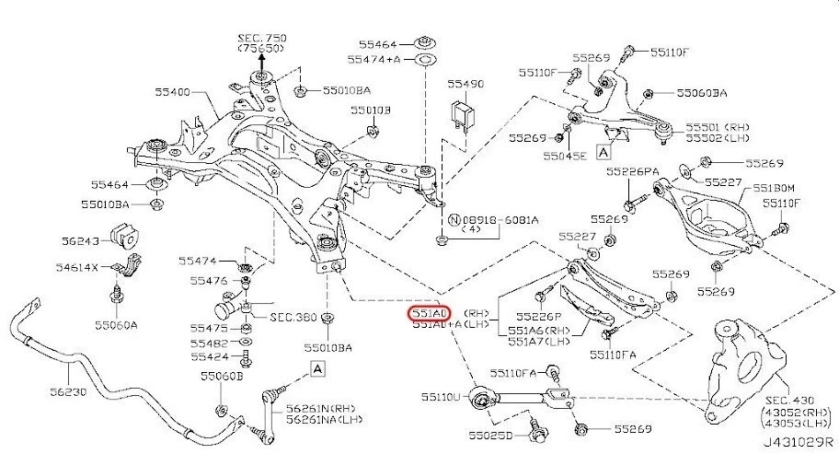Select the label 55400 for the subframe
tap(174, 92)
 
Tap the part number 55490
tap(465, 84)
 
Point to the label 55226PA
tap(632, 171)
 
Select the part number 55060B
tap(222, 377)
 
